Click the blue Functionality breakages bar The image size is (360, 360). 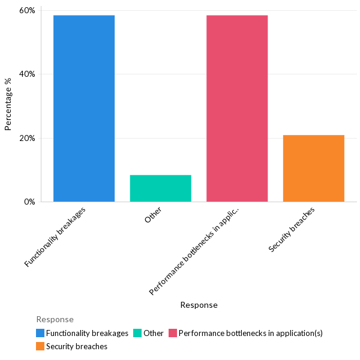click(84, 108)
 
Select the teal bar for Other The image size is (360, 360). click(160, 188)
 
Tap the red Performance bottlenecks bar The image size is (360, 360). click(237, 108)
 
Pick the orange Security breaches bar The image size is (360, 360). click(313, 168)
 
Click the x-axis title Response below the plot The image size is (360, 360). click(199, 305)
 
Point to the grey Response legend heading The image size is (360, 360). click(55, 319)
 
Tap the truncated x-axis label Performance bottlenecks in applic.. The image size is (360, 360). click(194, 251)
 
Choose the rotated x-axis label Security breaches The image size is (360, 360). click(292, 229)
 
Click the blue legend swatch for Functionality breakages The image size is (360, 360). click(40, 333)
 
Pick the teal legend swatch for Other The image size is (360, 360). click(137, 333)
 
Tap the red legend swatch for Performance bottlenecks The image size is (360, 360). click(173, 333)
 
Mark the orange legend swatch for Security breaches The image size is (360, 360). click(40, 346)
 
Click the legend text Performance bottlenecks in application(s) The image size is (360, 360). click(250, 333)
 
